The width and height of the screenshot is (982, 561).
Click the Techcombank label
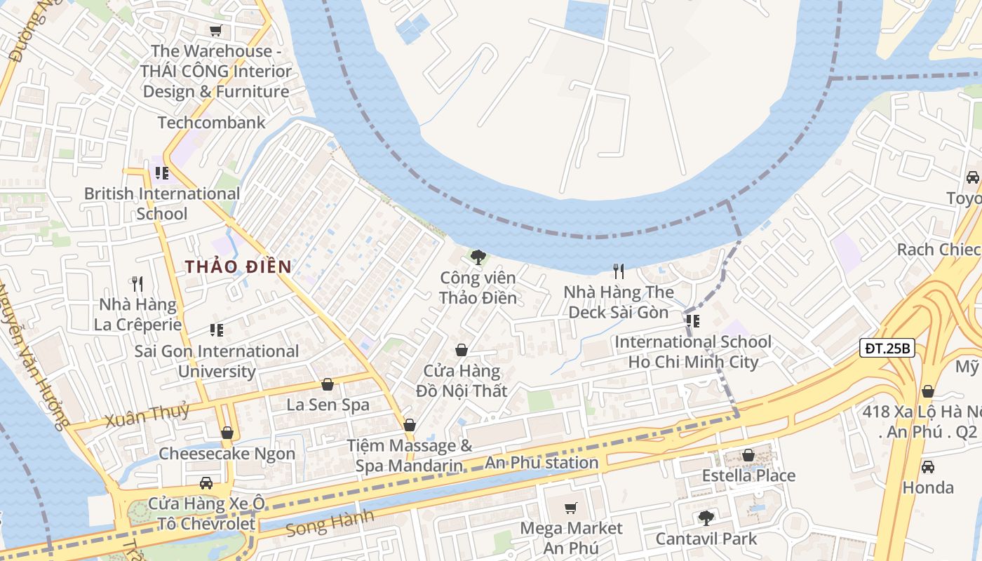pyautogui.click(x=211, y=123)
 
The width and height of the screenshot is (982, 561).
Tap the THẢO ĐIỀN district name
pyautogui.click(x=238, y=266)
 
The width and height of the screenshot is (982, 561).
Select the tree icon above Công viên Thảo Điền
pyautogui.click(x=478, y=257)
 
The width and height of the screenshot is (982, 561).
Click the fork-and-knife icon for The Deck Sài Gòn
pyautogui.click(x=619, y=271)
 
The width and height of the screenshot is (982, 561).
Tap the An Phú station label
pyautogui.click(x=542, y=463)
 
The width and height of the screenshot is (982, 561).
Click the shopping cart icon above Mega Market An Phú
pyautogui.click(x=571, y=507)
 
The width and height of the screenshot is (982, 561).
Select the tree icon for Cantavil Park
pyautogui.click(x=706, y=518)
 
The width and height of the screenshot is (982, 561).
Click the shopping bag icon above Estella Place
pyautogui.click(x=748, y=455)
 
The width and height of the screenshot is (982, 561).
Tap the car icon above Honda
pyautogui.click(x=927, y=466)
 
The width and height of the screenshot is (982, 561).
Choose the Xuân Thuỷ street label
pyautogui.click(x=147, y=416)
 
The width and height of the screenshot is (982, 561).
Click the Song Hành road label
pyautogui.click(x=330, y=522)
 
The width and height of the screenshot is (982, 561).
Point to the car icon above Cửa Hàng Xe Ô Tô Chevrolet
pyautogui.click(x=206, y=482)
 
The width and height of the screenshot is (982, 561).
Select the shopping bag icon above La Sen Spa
pyautogui.click(x=328, y=384)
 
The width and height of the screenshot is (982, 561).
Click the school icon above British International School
pyautogui.click(x=162, y=173)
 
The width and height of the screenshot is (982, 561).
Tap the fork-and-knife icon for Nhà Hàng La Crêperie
pyautogui.click(x=137, y=284)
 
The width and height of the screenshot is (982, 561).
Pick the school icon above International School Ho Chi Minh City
pyautogui.click(x=693, y=321)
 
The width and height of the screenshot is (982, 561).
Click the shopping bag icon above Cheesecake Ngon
pyautogui.click(x=227, y=433)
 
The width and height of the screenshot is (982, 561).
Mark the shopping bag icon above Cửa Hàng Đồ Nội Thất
pyautogui.click(x=462, y=350)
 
